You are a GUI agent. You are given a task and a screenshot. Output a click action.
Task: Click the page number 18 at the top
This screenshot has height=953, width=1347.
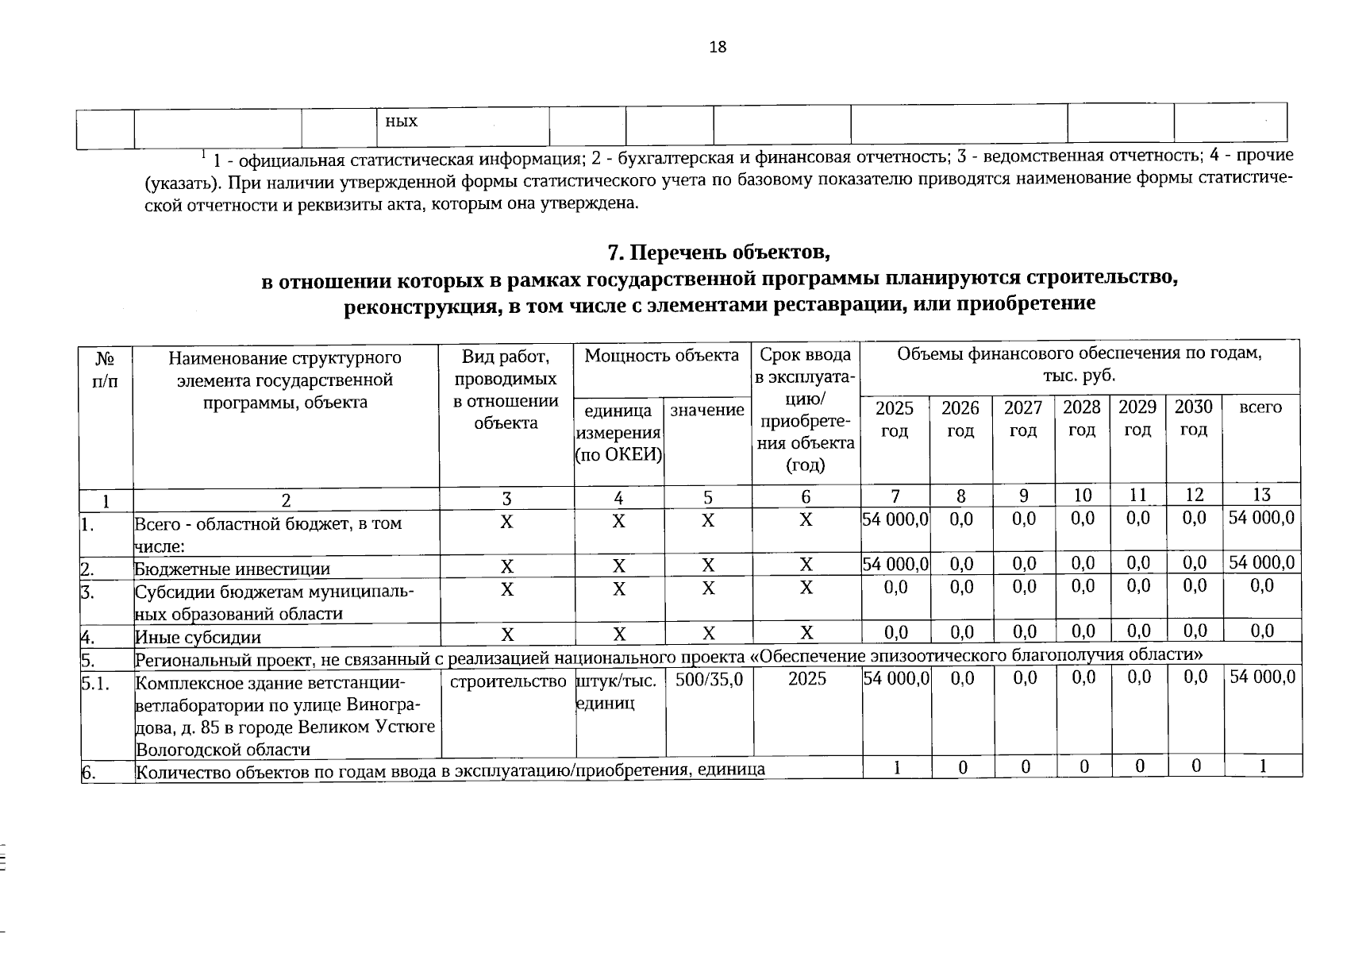coord(717,47)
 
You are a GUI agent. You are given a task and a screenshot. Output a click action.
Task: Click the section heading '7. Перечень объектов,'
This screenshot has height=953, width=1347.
coord(718,253)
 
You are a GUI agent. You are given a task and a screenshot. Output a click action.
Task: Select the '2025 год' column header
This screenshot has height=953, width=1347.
coord(894,419)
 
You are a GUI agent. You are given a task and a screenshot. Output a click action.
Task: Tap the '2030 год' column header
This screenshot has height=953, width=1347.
coord(1193,419)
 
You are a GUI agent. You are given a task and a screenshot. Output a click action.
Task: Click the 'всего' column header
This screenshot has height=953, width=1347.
coord(1260,407)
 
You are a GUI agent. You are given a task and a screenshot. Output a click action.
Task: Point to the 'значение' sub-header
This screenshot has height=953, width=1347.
coord(707,410)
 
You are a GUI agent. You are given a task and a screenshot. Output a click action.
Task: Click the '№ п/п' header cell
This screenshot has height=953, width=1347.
coord(105,368)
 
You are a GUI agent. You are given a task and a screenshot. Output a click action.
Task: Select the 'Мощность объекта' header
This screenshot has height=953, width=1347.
coord(661,356)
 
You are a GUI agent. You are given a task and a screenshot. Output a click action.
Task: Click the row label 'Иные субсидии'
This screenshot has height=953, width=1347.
coord(198,637)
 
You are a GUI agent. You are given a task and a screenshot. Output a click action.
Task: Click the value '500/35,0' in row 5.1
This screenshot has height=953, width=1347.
coord(709,680)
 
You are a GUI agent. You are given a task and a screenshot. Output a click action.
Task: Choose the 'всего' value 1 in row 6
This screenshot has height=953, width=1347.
coord(1261,766)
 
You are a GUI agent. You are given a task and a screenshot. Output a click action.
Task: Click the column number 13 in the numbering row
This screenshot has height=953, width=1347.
coord(1261,496)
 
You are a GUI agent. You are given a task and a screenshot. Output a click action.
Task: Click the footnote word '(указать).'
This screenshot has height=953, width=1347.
coord(180,183)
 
